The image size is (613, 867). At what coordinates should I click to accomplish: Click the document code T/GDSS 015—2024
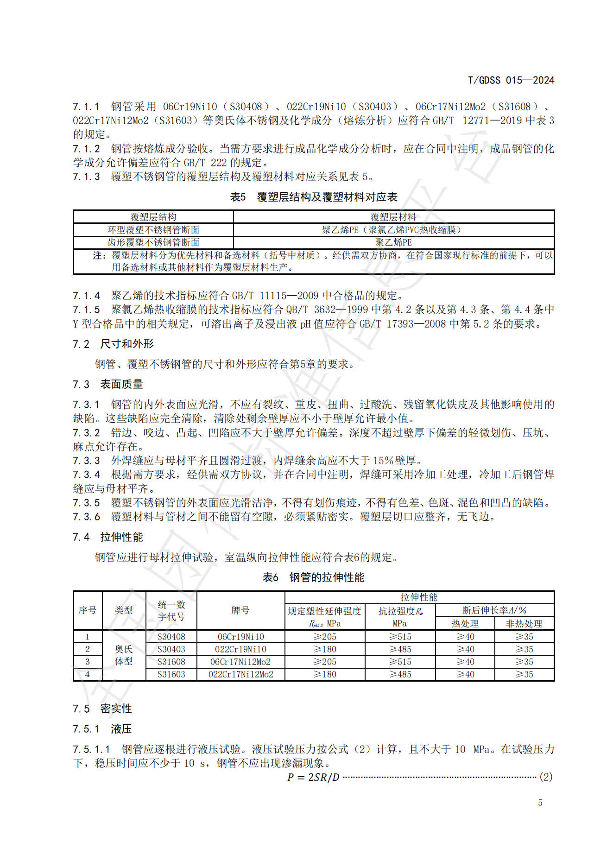tap(511, 80)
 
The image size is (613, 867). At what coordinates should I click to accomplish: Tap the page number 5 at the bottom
tap(540, 803)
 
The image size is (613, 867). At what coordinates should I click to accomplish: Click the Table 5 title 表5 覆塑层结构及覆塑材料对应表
tap(314, 197)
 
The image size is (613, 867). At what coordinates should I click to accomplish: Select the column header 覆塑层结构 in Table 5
tap(153, 217)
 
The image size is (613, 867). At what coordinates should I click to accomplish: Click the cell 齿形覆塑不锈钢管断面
tap(153, 242)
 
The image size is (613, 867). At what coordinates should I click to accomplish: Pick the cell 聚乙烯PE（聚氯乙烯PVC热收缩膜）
tap(393, 230)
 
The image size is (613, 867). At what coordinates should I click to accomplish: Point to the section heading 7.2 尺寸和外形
tap(113, 344)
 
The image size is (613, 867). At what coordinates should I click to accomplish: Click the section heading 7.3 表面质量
tap(107, 384)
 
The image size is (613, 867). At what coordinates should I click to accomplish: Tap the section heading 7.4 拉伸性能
tap(107, 537)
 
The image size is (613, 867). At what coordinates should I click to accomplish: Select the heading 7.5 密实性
tap(102, 709)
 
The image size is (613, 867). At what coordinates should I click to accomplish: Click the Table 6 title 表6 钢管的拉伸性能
tap(314, 577)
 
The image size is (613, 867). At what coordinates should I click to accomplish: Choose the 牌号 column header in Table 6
tap(240, 610)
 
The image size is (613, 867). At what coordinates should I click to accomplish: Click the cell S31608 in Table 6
tap(171, 662)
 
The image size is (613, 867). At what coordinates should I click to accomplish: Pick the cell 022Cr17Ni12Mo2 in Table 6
tap(240, 674)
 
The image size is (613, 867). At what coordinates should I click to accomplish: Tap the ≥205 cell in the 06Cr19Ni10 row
tap(325, 637)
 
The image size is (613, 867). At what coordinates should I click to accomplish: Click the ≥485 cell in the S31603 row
tap(400, 674)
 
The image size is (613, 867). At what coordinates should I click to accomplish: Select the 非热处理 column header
tap(524, 624)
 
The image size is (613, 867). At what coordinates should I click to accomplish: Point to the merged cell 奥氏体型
tap(124, 655)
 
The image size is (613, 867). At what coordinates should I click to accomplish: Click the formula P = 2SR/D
tap(313, 777)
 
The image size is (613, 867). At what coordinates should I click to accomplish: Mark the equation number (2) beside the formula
tap(546, 777)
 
